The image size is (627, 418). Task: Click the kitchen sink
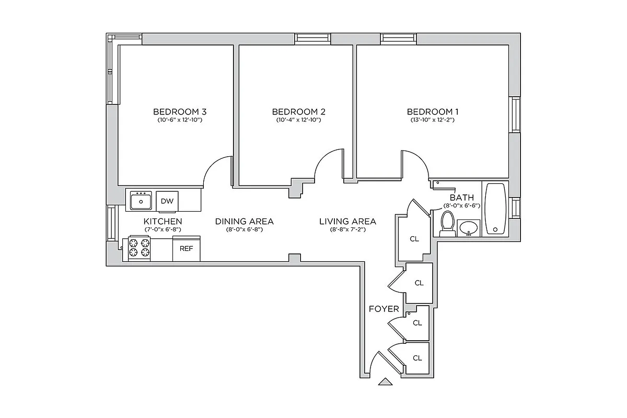[x=141, y=200]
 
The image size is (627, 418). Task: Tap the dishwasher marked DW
[x=167, y=201]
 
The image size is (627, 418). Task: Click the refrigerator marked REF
[x=187, y=249]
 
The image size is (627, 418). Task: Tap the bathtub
[x=494, y=209]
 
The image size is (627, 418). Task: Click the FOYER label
[x=384, y=309]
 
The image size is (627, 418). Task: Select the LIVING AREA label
[x=347, y=221]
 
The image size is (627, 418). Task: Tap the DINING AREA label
[x=244, y=221]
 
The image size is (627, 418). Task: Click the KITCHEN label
[x=163, y=221]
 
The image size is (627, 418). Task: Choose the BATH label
[x=462, y=198]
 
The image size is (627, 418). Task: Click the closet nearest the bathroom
[x=414, y=239]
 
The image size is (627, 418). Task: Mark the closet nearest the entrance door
[x=417, y=358]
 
